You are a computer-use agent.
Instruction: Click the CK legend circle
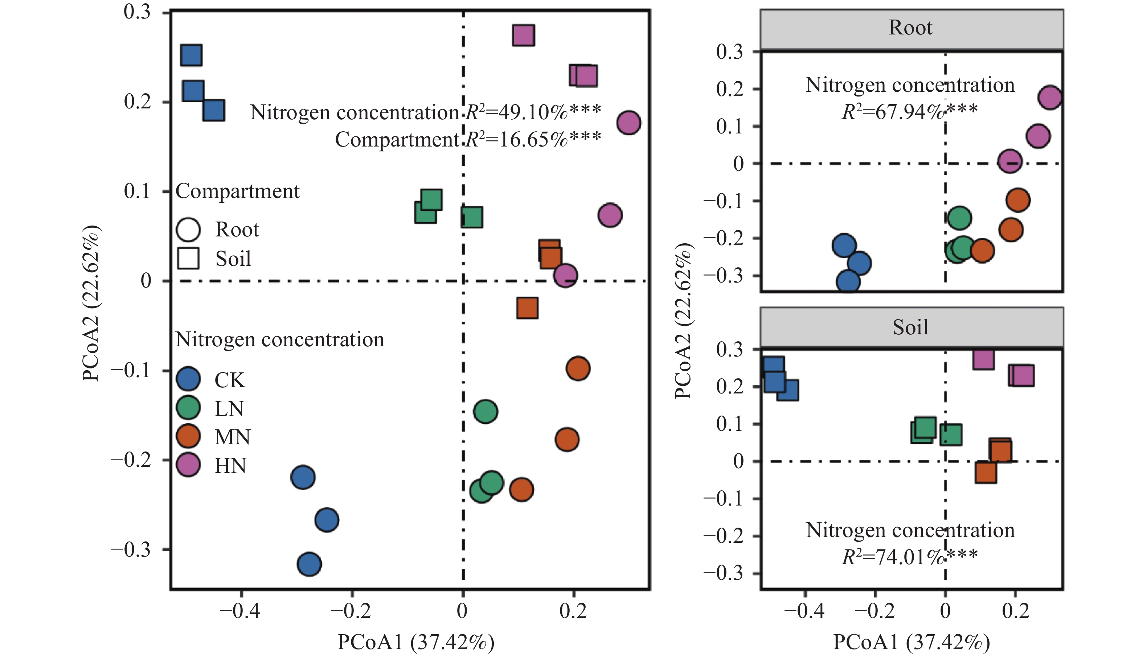188,379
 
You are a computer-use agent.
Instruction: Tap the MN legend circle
188,436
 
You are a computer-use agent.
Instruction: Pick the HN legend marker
188,465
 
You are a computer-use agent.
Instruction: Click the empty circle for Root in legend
188,229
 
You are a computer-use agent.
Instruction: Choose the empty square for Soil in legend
188,258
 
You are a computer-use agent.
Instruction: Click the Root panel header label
910,28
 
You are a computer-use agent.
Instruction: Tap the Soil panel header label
910,327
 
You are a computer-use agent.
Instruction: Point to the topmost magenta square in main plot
523,36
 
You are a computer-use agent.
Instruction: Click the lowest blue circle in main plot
309,564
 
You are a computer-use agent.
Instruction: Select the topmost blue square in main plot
191,55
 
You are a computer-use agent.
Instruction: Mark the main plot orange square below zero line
527,308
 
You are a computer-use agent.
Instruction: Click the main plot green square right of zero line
472,217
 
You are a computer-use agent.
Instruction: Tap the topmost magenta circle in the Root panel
1050,97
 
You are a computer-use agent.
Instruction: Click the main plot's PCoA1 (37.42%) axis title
415,642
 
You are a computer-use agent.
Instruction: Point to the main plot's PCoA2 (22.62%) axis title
91,303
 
